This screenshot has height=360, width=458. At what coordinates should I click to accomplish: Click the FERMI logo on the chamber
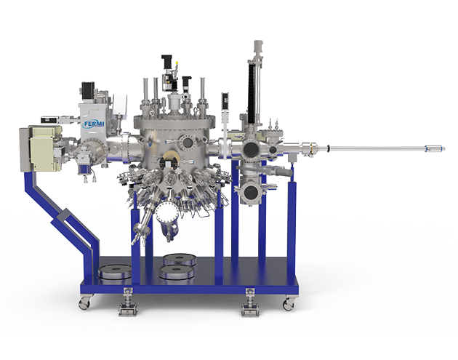(x=93, y=124)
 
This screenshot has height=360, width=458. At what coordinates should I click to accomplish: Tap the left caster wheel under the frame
(x=85, y=303)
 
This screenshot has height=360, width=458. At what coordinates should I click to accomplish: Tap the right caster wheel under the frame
(x=289, y=304)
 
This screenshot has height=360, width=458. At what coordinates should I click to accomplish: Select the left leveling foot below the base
(x=127, y=303)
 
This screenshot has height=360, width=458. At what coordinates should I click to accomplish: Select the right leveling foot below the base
(x=250, y=303)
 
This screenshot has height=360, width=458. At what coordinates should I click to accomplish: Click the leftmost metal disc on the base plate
(x=114, y=271)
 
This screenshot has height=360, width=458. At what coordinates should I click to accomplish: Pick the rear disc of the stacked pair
(x=180, y=259)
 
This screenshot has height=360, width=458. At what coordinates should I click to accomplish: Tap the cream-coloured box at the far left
(x=41, y=148)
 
